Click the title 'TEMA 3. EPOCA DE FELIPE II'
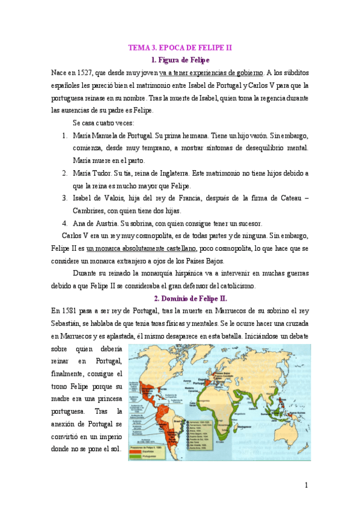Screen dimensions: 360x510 180,47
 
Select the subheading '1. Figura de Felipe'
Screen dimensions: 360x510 180,60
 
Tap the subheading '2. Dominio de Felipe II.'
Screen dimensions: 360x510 190,298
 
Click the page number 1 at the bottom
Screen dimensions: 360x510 307,485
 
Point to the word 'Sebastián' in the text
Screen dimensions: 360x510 69,323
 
